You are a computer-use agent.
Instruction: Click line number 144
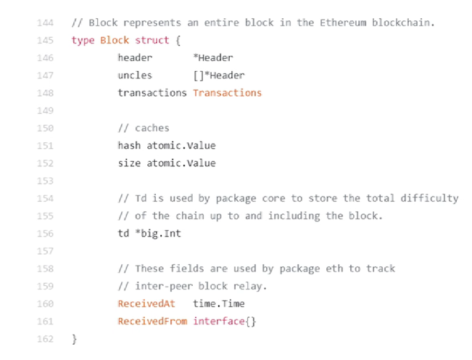(45, 22)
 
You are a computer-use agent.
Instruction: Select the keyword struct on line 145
(152, 40)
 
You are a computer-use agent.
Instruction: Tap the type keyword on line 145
(83, 40)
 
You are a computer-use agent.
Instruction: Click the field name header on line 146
(135, 57)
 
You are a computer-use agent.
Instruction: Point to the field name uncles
(135, 75)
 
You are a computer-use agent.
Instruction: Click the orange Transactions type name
(227, 93)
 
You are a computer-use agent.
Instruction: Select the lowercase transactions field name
(152, 93)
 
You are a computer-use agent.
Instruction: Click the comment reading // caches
(144, 128)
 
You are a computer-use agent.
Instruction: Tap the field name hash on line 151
(129, 145)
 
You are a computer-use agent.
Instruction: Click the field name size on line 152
(129, 163)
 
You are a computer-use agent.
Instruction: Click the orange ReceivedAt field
(146, 303)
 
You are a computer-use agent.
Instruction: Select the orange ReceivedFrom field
(152, 321)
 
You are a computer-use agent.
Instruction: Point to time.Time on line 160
(219, 303)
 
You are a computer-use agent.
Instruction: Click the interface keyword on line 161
(219, 321)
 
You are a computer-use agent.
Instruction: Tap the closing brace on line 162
(74, 339)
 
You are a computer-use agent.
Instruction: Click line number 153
(45, 181)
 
